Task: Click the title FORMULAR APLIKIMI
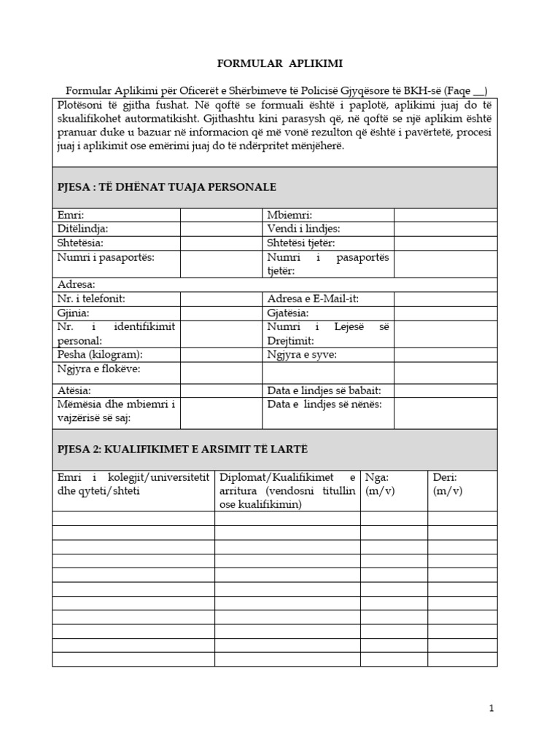(280, 64)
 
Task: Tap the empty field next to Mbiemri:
(445, 215)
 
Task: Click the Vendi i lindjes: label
(303, 229)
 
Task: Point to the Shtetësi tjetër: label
(301, 243)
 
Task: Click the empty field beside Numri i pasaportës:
(221, 263)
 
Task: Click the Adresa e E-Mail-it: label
(313, 299)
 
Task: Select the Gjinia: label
(74, 313)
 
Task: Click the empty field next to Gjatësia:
(445, 313)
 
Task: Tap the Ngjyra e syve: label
(302, 355)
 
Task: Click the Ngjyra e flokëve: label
(98, 369)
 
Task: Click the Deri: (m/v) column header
(447, 484)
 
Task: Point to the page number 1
(491, 708)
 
